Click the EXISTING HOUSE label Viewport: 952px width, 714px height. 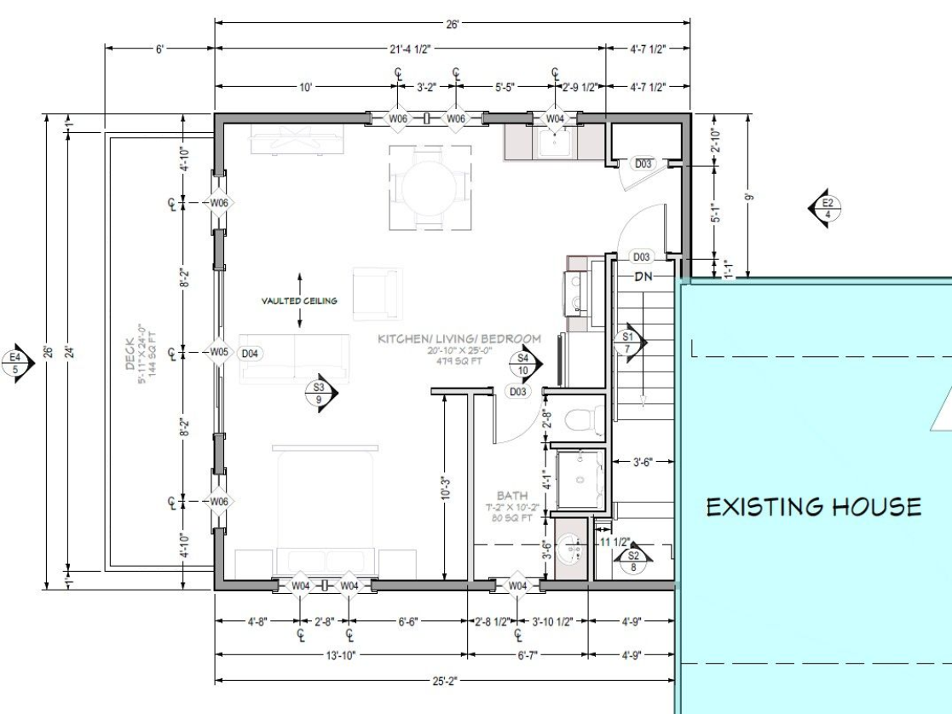(x=814, y=507)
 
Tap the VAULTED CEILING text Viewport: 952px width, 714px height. (x=299, y=301)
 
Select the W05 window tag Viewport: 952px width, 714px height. (x=219, y=352)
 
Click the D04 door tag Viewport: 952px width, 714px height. (x=251, y=352)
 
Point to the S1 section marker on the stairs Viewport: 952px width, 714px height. (x=629, y=343)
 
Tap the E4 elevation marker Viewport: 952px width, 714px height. (x=15, y=363)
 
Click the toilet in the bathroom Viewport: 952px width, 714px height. (x=582, y=419)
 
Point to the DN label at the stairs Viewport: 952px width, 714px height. (x=643, y=277)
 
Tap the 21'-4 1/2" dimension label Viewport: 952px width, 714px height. (x=410, y=50)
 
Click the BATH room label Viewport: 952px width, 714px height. (x=513, y=495)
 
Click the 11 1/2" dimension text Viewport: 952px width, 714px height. (x=615, y=543)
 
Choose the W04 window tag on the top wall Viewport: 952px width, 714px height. (x=555, y=118)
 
